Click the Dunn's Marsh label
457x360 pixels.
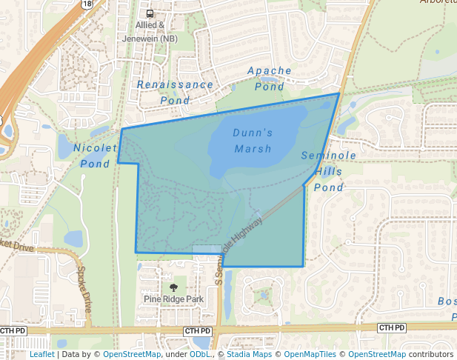[x=253, y=141]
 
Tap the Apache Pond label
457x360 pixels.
[x=270, y=79]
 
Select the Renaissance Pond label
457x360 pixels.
[x=175, y=92]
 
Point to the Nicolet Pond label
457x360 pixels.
[x=95, y=156]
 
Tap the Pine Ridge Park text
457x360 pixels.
[x=173, y=299]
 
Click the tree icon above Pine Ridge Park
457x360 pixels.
[x=173, y=287]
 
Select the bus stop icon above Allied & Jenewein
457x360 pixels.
[x=150, y=13]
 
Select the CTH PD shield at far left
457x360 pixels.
[x=14, y=330]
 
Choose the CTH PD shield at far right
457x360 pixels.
[x=391, y=327]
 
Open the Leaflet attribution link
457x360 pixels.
[x=41, y=355]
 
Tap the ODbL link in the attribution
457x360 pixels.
[x=200, y=355]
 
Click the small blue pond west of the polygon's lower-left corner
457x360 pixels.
[x=73, y=239]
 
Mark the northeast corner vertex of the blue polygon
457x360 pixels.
[x=339, y=93]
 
